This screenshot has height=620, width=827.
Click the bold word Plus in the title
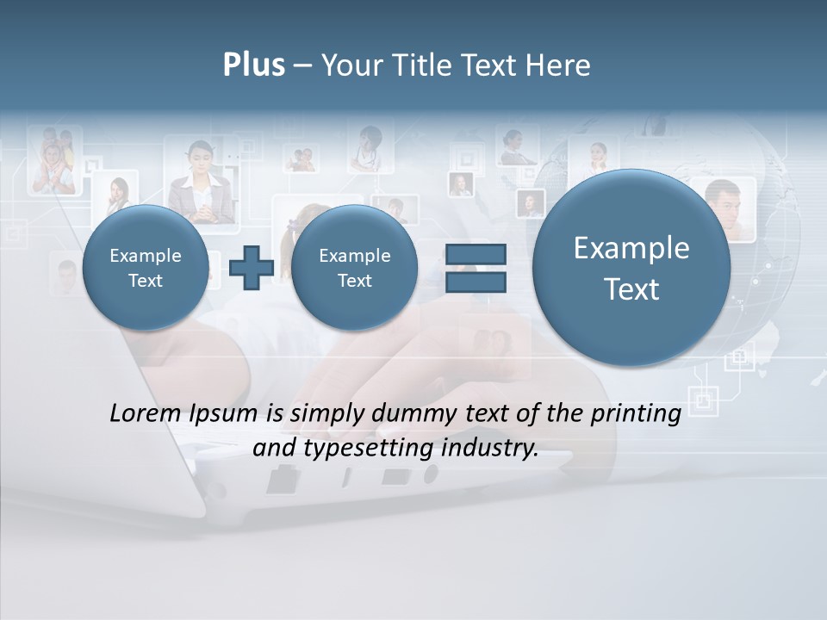253,65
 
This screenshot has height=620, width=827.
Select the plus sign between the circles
251,268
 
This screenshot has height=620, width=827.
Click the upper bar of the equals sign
476,253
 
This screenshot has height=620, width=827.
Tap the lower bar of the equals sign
476,282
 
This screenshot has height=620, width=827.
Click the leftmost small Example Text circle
145,268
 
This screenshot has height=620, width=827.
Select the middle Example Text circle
354,268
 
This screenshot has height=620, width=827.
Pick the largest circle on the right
631,268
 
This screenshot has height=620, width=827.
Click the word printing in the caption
636,414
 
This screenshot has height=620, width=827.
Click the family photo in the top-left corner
53,160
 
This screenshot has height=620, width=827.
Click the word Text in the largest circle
631,289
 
